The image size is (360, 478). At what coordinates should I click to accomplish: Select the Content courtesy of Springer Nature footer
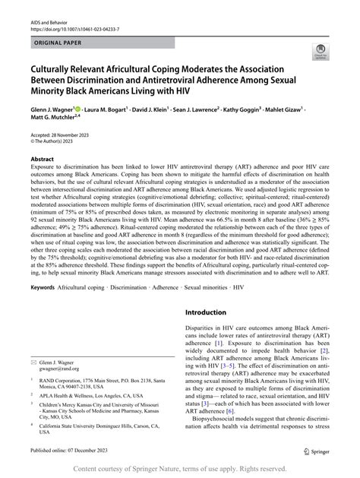180,468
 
